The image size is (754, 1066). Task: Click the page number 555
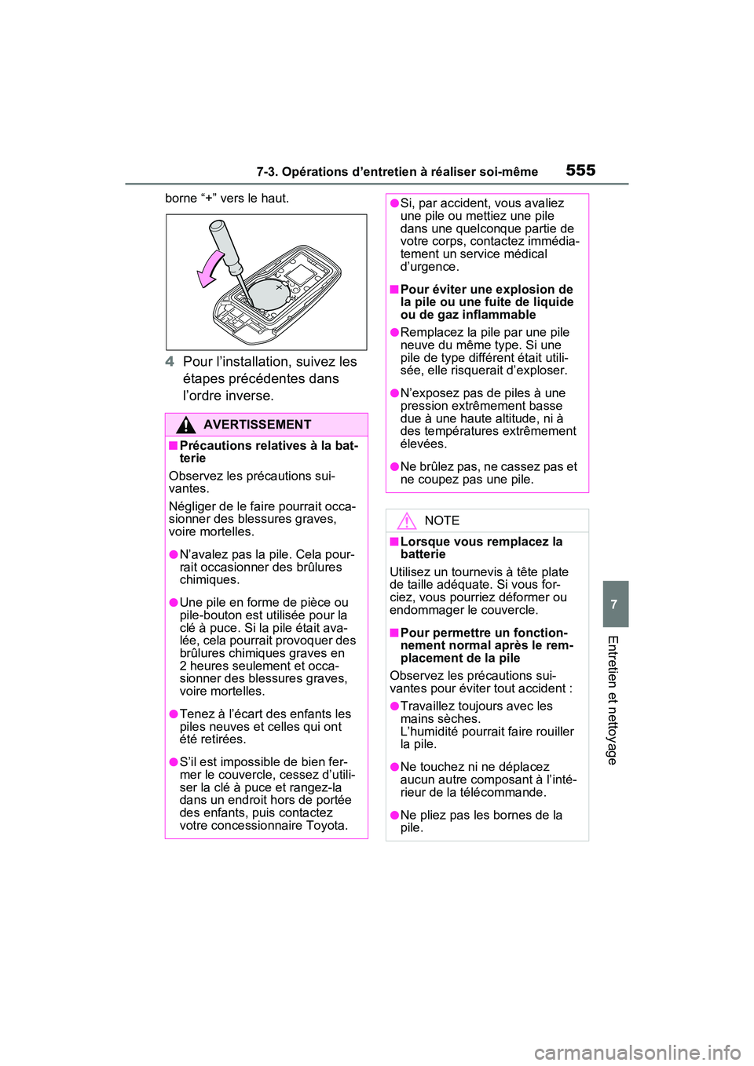(x=580, y=170)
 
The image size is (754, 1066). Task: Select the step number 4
(x=170, y=362)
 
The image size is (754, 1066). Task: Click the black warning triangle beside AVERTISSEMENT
(x=185, y=425)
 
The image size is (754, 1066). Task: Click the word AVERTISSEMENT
(x=257, y=425)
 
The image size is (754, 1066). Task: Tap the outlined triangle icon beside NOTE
(x=406, y=520)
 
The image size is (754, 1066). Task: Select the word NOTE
(x=441, y=520)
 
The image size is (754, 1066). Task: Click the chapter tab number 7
(x=615, y=604)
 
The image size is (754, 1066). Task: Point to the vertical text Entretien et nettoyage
(x=613, y=699)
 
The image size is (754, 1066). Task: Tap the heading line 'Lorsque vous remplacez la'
(x=481, y=542)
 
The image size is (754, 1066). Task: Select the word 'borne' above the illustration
(x=181, y=199)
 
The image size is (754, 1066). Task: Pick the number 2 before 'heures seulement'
(x=184, y=666)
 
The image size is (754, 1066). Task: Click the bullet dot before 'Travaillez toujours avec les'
(x=394, y=706)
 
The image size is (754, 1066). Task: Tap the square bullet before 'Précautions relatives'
(x=173, y=446)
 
